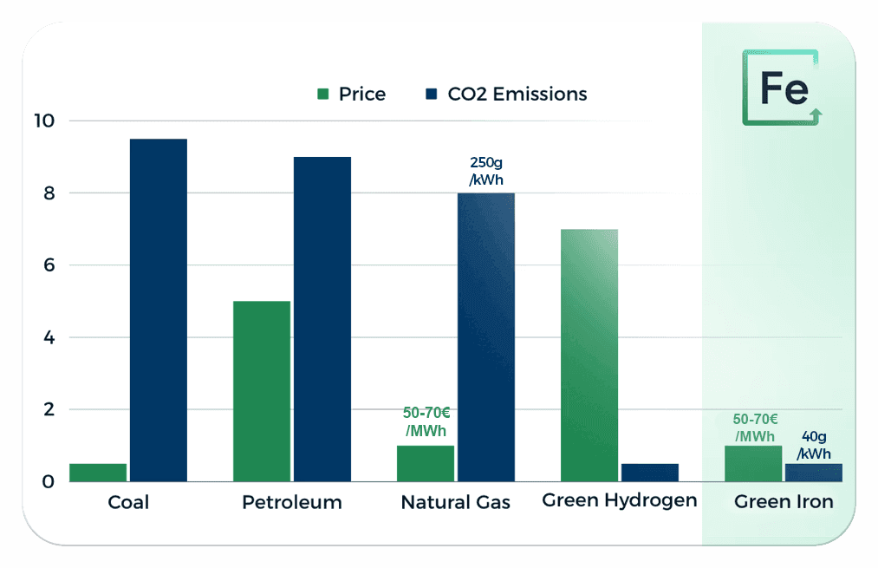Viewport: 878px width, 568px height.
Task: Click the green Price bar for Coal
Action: coord(98,473)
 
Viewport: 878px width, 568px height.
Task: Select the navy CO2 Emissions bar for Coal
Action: coord(159,310)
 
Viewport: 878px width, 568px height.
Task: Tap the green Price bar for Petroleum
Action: coord(262,391)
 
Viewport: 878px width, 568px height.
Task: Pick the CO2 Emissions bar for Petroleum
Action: coord(322,319)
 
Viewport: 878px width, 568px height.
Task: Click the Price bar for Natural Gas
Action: coord(426,464)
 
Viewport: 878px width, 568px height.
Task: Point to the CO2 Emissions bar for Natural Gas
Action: coord(486,336)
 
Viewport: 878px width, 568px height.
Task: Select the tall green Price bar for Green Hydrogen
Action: coord(589,356)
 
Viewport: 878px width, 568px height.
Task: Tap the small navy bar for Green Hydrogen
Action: coord(650,473)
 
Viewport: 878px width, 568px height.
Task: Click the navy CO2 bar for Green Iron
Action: coord(813,473)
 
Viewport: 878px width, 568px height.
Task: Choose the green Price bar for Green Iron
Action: coord(753,464)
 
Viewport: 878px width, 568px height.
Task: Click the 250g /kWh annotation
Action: coord(486,171)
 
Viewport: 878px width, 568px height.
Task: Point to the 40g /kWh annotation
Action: coord(814,445)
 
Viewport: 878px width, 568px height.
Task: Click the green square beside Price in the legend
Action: coord(323,95)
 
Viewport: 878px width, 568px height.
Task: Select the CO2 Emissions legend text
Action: coord(517,95)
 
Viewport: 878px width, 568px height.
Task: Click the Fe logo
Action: coord(782,88)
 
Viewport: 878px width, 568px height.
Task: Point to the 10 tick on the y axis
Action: coord(43,121)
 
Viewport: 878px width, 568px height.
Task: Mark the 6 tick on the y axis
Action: coord(49,265)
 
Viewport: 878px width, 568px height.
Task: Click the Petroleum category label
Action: coord(292,502)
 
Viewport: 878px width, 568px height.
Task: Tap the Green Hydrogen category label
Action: coord(620,500)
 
